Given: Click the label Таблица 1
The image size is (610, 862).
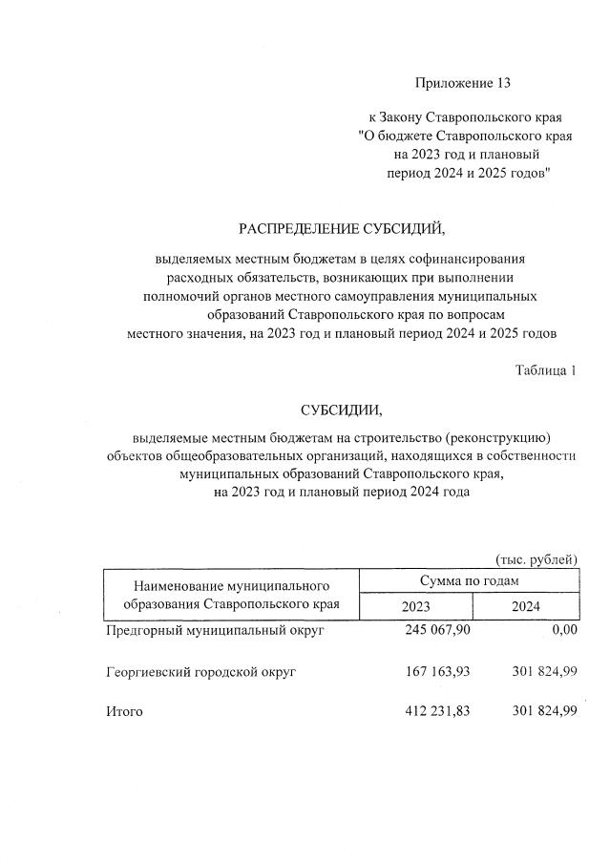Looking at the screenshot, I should [x=545, y=370].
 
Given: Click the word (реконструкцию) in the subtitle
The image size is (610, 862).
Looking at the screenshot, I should [x=500, y=438].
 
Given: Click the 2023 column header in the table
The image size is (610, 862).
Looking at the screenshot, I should [x=415, y=607].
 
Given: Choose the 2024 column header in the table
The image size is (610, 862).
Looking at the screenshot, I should [x=525, y=607].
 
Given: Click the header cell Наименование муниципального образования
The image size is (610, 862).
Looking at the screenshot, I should [x=232, y=594].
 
